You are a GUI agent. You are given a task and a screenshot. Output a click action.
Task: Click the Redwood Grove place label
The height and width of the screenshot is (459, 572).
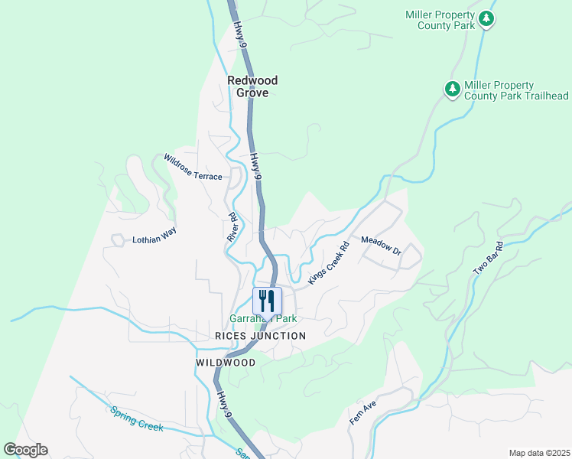tap(252, 86)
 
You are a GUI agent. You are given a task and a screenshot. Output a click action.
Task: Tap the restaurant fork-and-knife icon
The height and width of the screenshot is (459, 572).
tap(267, 300)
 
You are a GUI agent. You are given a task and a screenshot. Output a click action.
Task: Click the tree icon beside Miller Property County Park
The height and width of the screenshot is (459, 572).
tap(486, 20)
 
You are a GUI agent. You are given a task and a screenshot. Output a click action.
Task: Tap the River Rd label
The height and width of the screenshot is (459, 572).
tap(232, 228)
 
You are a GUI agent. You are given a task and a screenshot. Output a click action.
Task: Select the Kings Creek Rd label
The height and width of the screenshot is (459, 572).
tap(328, 264)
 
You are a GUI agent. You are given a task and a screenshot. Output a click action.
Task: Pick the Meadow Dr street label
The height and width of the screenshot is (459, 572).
tap(381, 245)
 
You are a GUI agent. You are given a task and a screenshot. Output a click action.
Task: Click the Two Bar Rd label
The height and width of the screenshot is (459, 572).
tap(489, 259)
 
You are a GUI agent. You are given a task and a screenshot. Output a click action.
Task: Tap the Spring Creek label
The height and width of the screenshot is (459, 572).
tap(136, 418)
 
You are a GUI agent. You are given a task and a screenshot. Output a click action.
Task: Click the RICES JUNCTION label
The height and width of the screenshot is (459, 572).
tap(260, 336)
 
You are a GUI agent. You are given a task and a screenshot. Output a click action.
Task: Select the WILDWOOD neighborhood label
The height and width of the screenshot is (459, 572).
tap(225, 363)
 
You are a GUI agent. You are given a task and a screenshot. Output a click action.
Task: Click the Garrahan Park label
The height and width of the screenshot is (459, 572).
tap(263, 318)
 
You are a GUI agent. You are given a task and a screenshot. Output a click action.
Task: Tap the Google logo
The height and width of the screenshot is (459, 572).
tap(25, 450)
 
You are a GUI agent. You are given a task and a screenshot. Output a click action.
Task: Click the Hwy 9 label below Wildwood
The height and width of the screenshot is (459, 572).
tap(223, 403)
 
